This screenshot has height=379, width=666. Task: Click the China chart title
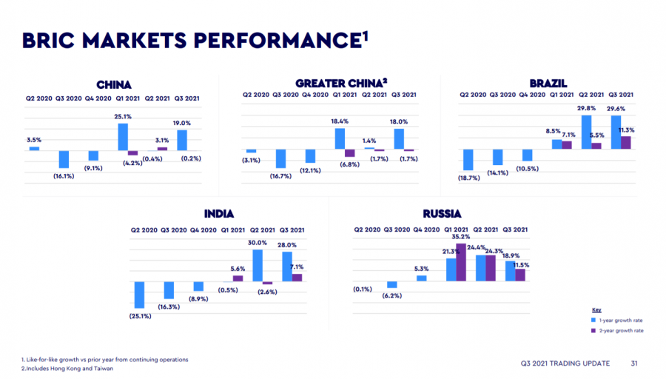(114, 85)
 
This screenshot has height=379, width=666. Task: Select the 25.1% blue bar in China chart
(123, 136)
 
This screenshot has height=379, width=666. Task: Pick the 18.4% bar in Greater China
(340, 138)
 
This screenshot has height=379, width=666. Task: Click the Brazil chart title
(548, 83)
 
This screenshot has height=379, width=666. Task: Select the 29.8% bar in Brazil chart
(587, 132)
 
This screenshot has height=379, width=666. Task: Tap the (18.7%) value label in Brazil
(468, 178)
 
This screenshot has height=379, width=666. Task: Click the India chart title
(219, 214)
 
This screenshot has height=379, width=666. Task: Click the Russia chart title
(442, 214)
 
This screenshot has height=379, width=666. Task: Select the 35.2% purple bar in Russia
(461, 262)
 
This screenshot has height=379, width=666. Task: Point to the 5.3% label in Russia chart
(421, 269)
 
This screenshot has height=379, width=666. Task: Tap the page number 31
(634, 363)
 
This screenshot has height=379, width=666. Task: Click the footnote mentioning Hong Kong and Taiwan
(67, 368)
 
